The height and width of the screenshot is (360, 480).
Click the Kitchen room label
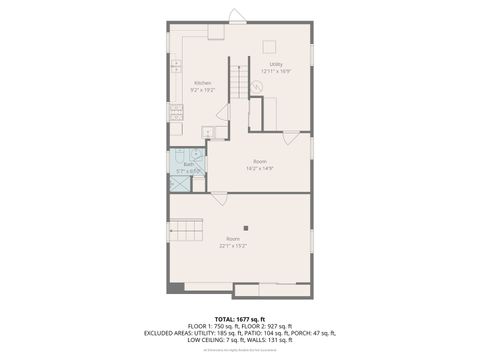(203, 83)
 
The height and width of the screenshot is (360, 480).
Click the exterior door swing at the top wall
(236, 15)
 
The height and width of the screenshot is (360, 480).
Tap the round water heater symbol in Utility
(257, 88)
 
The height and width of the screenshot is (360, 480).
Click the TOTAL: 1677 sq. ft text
(240, 319)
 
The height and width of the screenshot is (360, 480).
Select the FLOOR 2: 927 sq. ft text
(268, 326)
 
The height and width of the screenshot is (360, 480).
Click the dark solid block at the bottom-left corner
(176, 288)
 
